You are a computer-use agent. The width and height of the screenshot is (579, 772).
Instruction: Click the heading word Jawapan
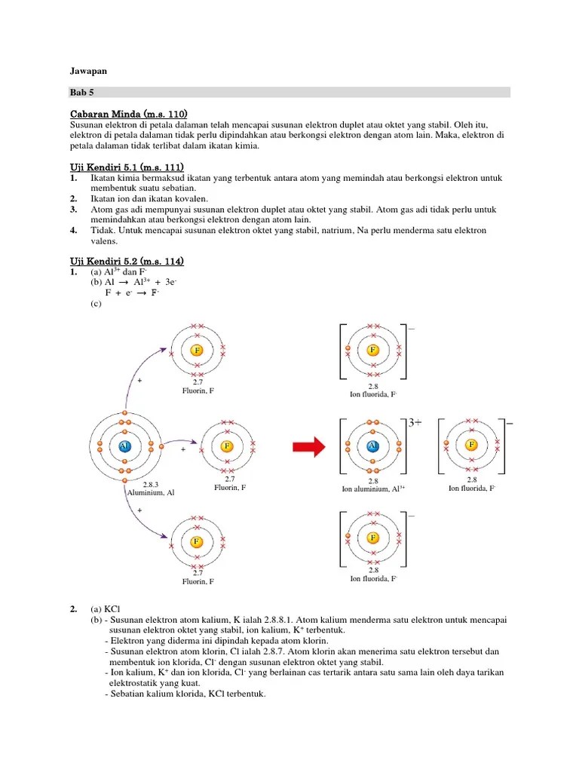pos(88,71)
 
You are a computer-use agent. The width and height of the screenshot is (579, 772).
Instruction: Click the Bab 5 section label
pos(81,93)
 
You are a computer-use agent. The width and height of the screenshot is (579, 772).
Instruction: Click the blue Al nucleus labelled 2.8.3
pos(124,446)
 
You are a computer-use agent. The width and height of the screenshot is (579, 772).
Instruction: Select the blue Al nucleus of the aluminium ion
pos(372,446)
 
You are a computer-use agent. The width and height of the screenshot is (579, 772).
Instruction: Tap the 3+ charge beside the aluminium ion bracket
pos(415,423)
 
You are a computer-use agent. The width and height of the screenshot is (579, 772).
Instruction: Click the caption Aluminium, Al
pos(150,492)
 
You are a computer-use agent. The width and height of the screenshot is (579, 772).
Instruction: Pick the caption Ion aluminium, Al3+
pos(373,489)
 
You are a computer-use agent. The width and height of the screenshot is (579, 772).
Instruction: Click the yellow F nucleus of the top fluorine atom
pos(197,351)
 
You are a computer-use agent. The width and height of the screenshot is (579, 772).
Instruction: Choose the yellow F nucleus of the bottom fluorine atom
pos(197,541)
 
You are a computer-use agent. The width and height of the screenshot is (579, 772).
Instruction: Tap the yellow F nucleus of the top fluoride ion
pos(372,351)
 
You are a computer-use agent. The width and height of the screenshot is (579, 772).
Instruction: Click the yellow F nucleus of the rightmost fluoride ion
pos(472,445)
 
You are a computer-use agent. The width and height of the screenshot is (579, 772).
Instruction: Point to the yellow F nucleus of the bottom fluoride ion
pos(372,538)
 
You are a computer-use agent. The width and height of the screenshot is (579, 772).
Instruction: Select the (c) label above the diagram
pos(96,305)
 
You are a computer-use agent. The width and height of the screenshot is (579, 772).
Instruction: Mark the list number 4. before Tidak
pos(74,230)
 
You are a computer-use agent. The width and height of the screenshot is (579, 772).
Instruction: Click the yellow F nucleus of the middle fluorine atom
pos(226,446)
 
